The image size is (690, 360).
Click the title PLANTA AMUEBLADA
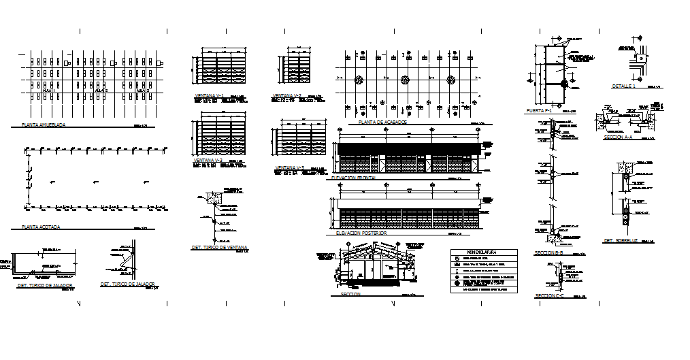coord(44,125)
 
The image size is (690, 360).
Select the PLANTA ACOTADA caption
coord(41,226)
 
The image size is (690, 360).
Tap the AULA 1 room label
coord(48,89)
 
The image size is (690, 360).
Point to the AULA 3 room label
coord(144,89)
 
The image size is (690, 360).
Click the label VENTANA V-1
coord(210,95)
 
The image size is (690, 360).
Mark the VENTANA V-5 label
coord(289,167)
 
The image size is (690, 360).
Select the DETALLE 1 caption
coord(623,86)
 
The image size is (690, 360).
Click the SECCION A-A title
coord(618,137)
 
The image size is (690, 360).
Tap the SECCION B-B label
coord(549,252)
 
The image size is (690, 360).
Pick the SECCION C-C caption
coord(549,295)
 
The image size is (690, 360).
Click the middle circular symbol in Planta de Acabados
coord(405,79)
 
